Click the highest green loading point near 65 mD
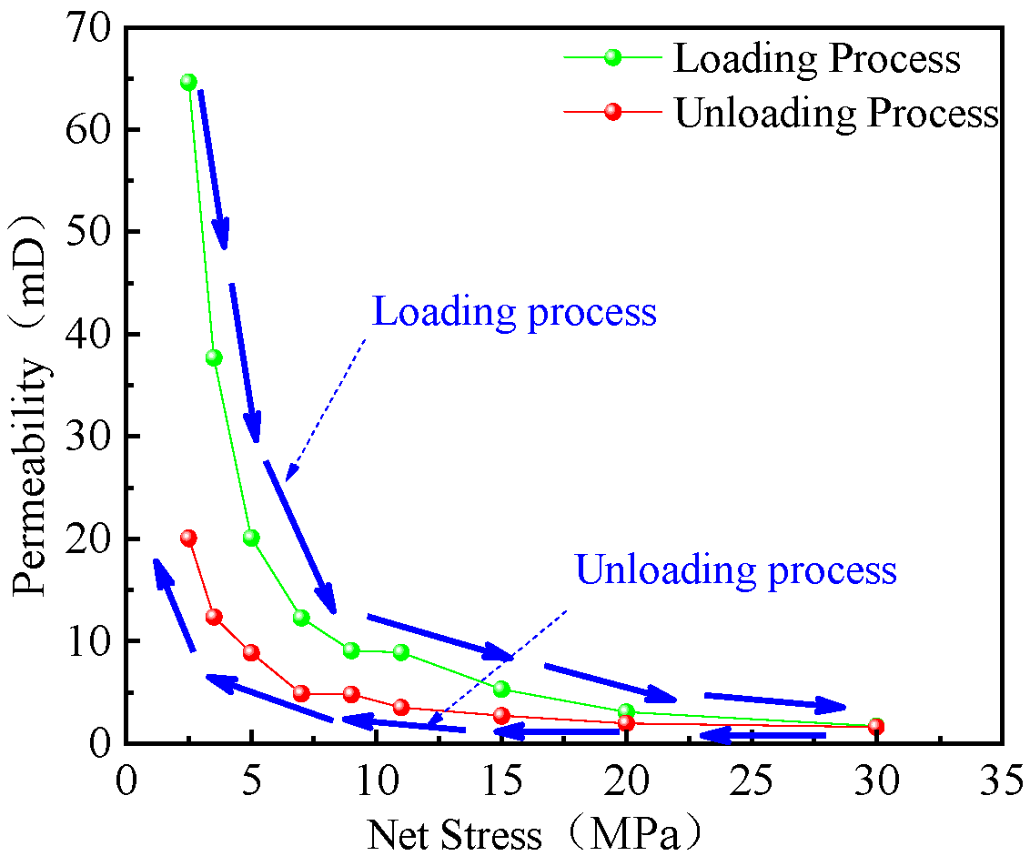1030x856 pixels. point(188,82)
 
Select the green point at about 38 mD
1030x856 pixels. point(214,358)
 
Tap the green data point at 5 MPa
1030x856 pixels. point(251,538)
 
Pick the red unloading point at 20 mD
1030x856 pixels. point(188,538)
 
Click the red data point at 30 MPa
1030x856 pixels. point(875,726)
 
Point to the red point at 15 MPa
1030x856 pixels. point(501,715)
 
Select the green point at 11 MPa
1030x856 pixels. point(400,652)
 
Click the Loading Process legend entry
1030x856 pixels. point(816,58)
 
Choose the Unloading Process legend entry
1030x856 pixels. point(835,113)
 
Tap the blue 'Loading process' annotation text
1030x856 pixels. point(515,312)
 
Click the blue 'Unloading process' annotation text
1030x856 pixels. point(736,570)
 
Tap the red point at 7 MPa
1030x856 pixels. point(301,693)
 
